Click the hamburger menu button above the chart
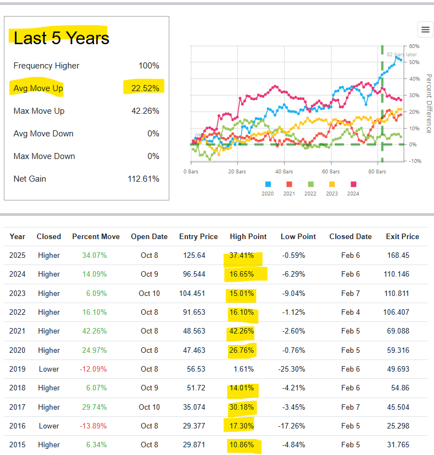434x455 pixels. click(425, 29)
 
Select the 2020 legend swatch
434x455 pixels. click(268, 184)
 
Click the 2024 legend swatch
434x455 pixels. click(353, 184)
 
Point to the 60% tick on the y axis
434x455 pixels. click(414, 46)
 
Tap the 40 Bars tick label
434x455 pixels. click(284, 172)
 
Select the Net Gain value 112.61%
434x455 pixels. click(143, 179)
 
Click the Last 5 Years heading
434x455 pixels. click(61, 38)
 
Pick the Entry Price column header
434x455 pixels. click(199, 236)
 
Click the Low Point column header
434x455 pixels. click(298, 236)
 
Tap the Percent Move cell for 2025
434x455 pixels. click(95, 256)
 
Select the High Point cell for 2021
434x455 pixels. click(242, 331)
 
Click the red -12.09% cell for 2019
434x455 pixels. click(94, 369)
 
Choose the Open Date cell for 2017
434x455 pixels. click(149, 407)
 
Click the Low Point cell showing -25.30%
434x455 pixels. click(298, 369)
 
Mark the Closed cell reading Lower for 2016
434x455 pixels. click(49, 426)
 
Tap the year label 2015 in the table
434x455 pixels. click(17, 445)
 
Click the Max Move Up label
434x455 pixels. click(39, 111)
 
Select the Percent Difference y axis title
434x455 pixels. click(428, 103)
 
